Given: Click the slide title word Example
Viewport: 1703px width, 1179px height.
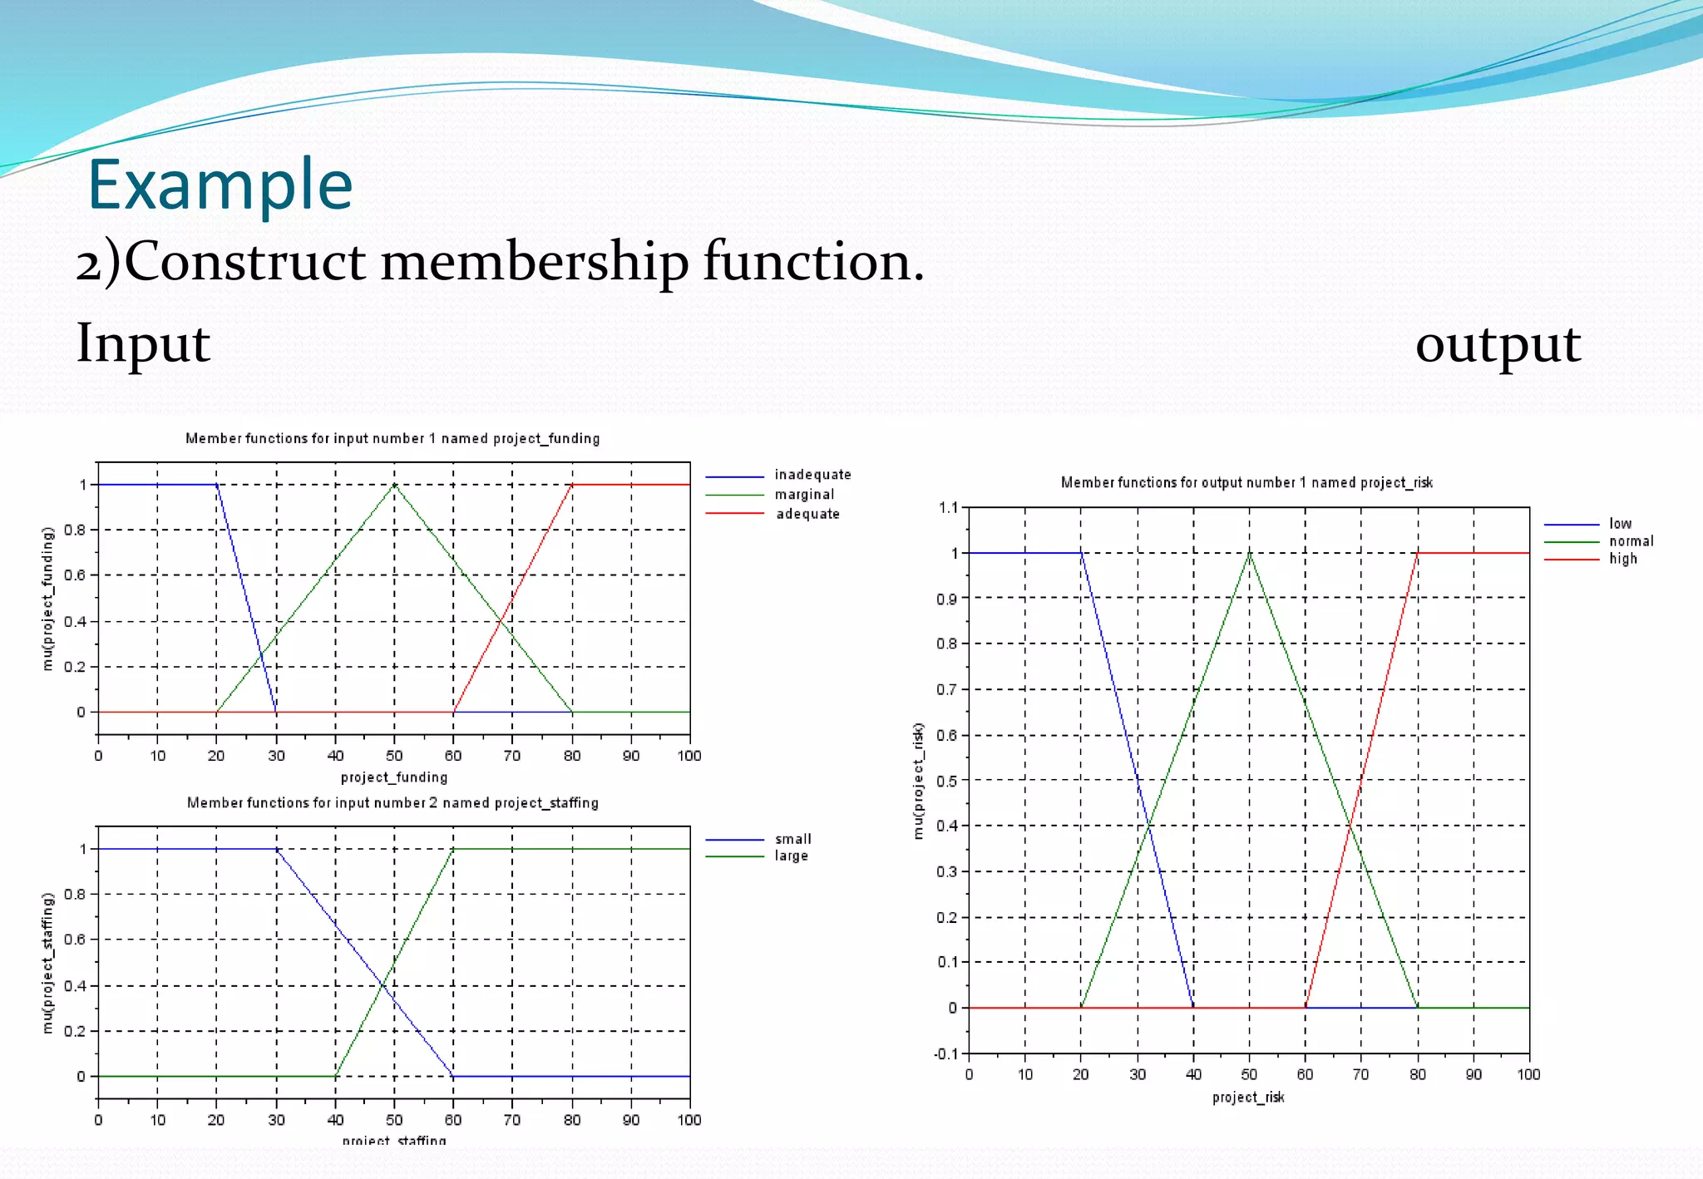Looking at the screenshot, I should pos(220,185).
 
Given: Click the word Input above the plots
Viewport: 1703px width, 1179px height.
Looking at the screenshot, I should pos(143,343).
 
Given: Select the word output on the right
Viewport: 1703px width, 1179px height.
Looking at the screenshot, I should pos(1498,344).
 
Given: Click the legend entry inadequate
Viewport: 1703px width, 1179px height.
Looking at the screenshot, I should pos(812,475).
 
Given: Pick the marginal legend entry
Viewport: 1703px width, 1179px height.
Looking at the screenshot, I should pos(804,495).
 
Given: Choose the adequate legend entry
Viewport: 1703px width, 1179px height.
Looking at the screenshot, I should pos(807,514).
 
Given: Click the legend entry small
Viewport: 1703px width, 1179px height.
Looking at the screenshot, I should pos(792,839).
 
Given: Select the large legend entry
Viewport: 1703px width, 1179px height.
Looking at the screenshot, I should pos(791,856).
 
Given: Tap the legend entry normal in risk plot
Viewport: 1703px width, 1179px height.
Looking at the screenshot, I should pos(1631,541).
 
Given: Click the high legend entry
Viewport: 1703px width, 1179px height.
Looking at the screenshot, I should pos(1622,559).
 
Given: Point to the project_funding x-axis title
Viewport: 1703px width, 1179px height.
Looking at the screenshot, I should pos(394,777).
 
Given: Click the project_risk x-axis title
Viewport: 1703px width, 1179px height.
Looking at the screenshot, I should pos(1248,1098).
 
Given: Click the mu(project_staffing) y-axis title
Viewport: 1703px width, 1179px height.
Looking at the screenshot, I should pos(48,963).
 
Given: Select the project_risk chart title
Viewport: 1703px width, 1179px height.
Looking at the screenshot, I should pos(1246,482).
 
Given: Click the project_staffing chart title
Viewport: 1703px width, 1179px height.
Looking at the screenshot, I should pos(392,803).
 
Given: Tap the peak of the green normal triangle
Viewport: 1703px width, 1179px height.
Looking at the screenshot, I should pos(1249,553).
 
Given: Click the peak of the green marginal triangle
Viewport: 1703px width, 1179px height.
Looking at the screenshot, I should pos(394,485).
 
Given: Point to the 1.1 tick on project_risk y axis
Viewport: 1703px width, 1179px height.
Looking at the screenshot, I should pos(948,508).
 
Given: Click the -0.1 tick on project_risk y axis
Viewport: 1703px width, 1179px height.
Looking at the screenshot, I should pos(946,1054).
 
